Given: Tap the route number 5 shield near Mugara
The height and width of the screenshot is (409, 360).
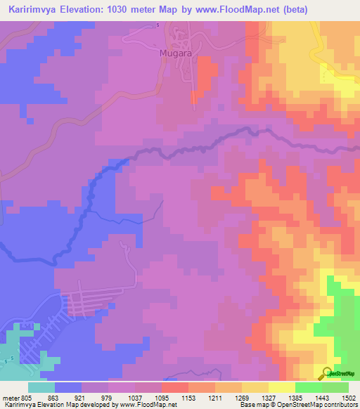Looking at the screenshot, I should (157, 25).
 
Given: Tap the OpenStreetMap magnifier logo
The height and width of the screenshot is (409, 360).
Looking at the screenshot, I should (325, 372).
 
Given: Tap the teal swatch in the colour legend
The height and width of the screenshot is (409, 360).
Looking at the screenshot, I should (41, 387).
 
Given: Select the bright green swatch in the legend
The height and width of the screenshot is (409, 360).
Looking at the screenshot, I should (309, 387).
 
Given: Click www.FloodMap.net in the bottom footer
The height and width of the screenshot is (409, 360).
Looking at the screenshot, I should (152, 405).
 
